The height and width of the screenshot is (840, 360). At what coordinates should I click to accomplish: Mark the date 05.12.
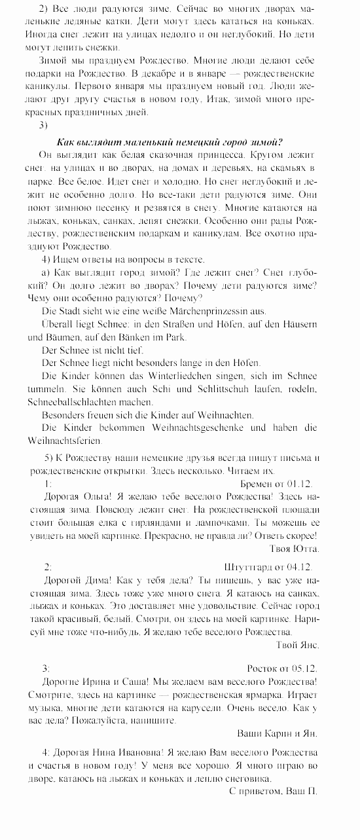(x=302, y=668)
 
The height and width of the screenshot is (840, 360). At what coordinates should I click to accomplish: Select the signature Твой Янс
(x=297, y=645)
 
